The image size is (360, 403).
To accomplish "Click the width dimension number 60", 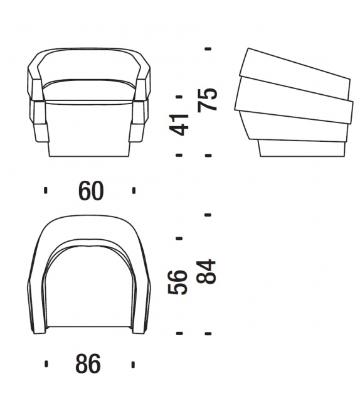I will click(90, 191).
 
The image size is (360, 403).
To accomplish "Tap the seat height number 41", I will click(181, 124).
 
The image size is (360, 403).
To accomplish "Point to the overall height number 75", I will click(209, 99).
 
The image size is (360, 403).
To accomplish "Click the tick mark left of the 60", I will click(46, 191).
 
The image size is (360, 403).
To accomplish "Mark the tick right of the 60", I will click(134, 191).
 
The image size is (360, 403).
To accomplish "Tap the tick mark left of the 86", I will click(46, 363).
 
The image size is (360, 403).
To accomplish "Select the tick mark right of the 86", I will click(133, 363).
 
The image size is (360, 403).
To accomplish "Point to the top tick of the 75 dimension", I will click(208, 48).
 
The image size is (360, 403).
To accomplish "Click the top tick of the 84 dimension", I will click(208, 214).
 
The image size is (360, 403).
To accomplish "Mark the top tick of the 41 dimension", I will click(179, 96).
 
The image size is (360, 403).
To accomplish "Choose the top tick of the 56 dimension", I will click(179, 239).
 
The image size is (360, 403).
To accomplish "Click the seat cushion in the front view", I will click(90, 88).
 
